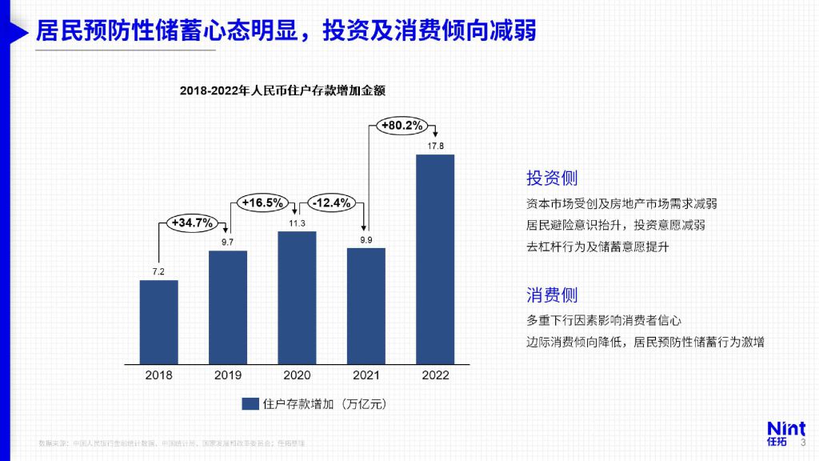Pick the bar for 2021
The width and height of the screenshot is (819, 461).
pos(366,306)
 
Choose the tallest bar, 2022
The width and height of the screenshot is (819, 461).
pos(435,259)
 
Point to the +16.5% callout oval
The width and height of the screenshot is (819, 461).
pos(262,202)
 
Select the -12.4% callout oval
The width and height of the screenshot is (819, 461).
pos(332,202)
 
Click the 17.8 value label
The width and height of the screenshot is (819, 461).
pos(435,146)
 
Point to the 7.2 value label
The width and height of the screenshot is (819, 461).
pos(158,272)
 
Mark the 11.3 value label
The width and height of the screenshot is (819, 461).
pos(297,223)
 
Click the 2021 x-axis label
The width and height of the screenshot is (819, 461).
pos(366,375)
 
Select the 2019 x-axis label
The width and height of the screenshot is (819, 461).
pos(228,375)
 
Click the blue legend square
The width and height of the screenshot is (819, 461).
pos(250,404)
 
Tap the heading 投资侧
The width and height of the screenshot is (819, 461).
pos(552,178)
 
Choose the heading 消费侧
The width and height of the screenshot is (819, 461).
pos(552,295)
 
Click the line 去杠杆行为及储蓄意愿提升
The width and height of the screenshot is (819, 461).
pos(597,247)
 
